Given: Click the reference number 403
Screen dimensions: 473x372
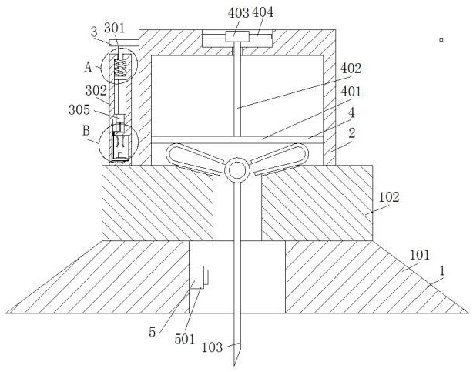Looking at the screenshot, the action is point(238,13).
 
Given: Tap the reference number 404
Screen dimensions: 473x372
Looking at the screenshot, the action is point(263,12).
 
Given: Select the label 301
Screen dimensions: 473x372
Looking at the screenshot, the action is point(114,28).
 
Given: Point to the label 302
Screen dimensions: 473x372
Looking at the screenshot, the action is point(96,91).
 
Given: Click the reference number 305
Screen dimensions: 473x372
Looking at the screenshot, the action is point(79,109).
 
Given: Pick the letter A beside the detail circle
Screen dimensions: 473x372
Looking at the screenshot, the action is point(88,67).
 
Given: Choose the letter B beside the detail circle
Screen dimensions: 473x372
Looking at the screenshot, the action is point(86,131).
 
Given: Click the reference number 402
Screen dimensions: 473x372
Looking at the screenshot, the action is point(351,69).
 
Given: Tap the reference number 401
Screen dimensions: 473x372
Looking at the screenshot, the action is point(351,92).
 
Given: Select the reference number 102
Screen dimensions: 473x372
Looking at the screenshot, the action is point(389,197).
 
